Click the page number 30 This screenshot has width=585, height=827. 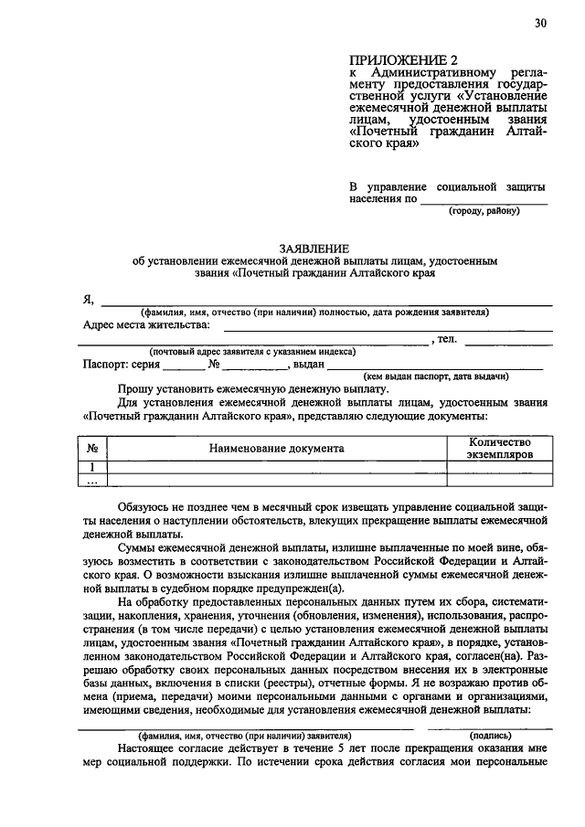tap(541, 23)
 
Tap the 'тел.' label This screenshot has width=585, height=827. tap(449, 339)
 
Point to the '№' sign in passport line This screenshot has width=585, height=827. tap(216, 363)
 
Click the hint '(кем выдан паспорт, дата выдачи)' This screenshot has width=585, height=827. tap(436, 376)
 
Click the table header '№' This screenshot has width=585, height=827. tap(92, 449)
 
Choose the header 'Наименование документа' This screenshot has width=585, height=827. tap(276, 449)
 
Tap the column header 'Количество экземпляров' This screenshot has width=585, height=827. tap(498, 448)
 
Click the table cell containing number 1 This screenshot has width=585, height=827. tap(92, 467)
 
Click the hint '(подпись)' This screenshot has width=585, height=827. tap(491, 735)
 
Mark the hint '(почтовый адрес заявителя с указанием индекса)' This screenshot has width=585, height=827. tap(252, 352)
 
